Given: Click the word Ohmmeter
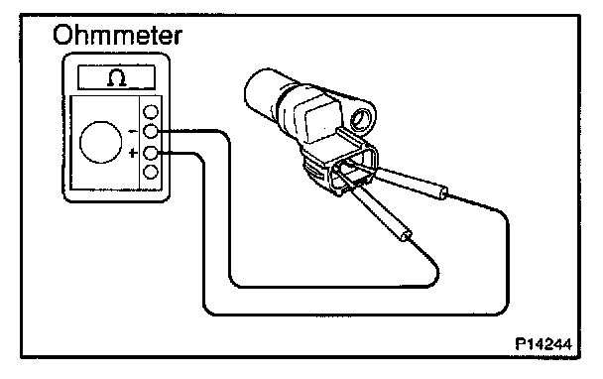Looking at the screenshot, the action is (117, 36).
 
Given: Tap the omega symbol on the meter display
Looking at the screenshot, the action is (117, 77).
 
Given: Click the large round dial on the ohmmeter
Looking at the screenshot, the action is (101, 142).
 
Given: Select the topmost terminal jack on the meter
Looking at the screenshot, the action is (151, 112).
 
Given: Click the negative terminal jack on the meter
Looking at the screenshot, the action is (151, 132).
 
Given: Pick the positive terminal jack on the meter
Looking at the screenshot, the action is (151, 153).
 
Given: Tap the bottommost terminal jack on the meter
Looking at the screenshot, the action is (151, 172).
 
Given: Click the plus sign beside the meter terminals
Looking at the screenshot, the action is (133, 153).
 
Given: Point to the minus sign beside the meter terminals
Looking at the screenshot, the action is (133, 132).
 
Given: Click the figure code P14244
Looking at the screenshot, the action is (543, 343).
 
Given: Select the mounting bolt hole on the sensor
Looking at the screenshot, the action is (361, 118).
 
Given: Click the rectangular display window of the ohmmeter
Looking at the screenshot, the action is (116, 77).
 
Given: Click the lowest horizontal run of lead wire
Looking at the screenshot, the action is (356, 315).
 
